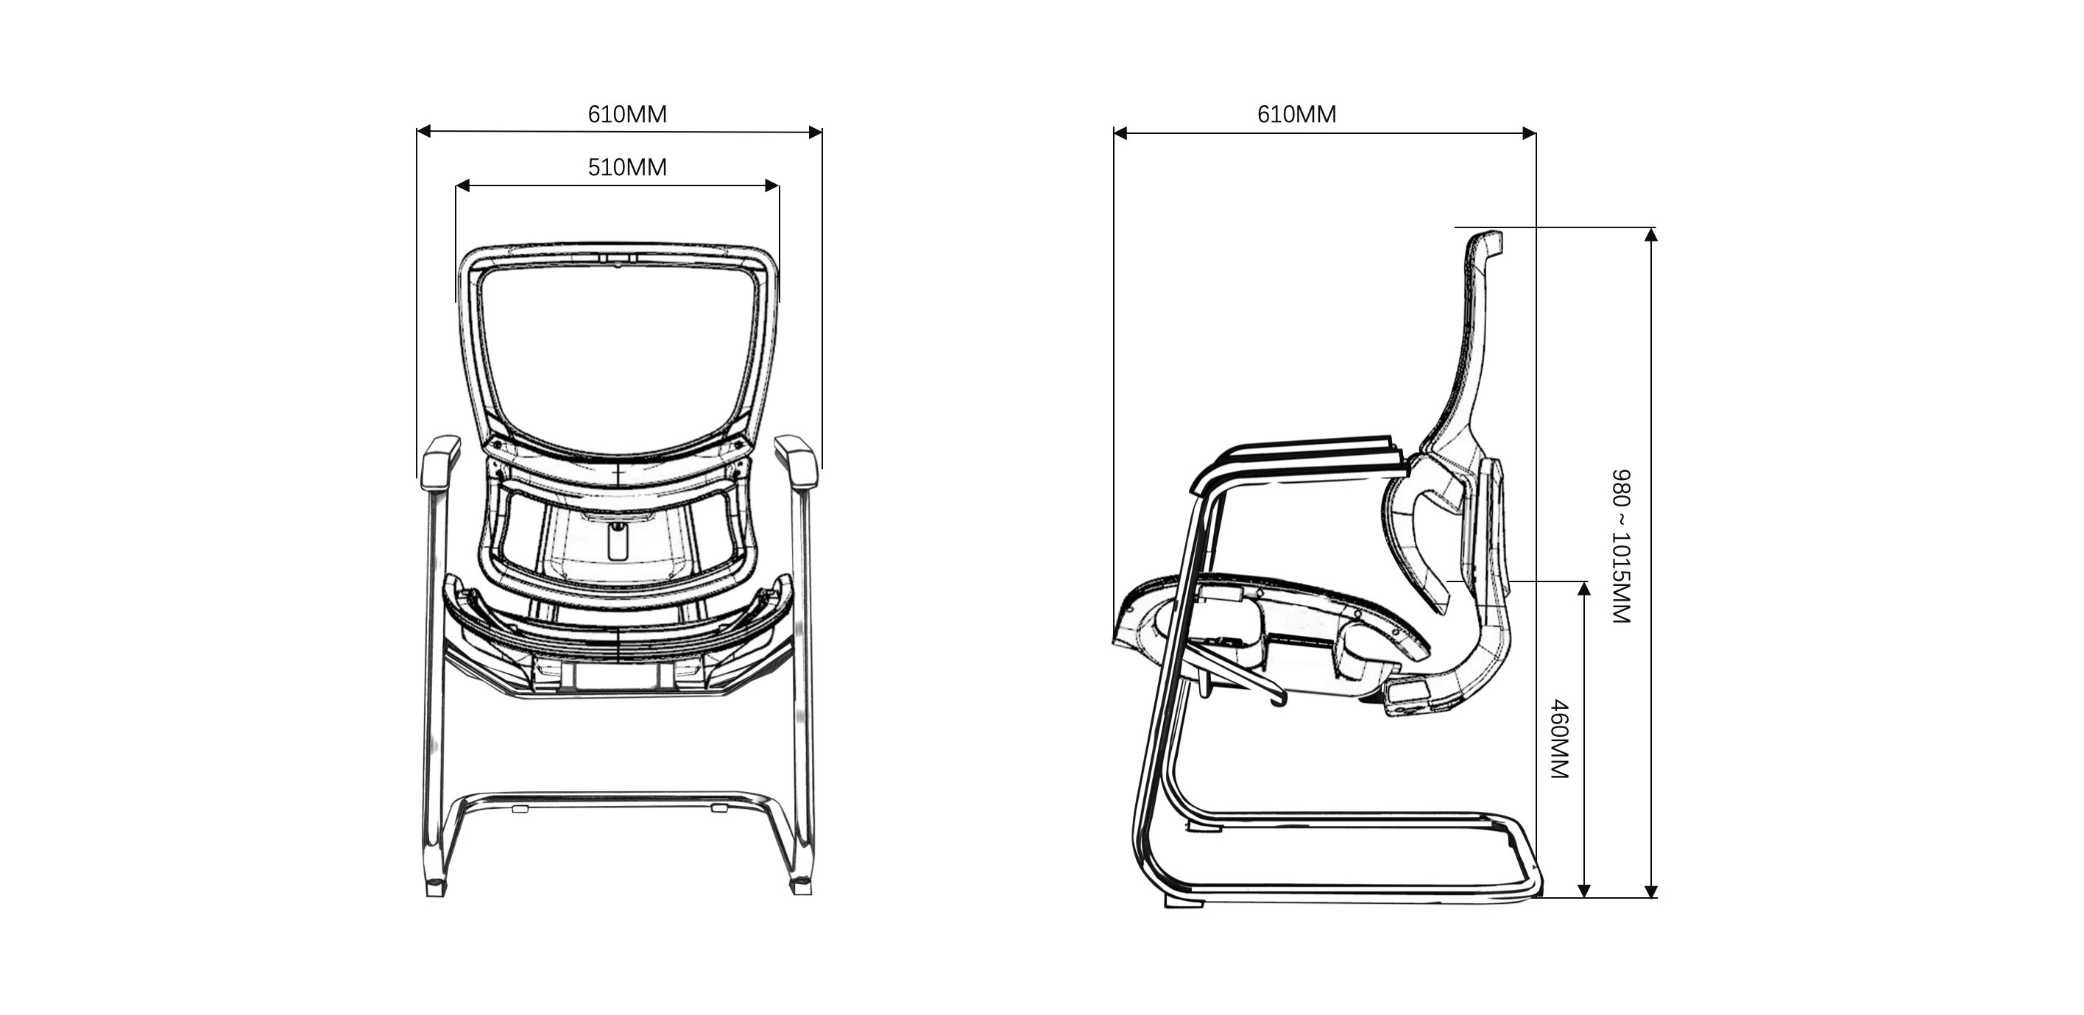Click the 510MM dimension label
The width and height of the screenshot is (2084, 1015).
point(627,167)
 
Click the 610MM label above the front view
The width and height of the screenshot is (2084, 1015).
point(627,114)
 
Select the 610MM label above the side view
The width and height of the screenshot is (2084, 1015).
point(1296,114)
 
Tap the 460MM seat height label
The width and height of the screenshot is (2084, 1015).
point(1559,739)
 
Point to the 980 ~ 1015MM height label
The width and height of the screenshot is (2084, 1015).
point(1621,546)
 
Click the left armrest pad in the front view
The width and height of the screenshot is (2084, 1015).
point(440,461)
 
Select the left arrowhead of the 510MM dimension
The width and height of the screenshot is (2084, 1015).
point(463,186)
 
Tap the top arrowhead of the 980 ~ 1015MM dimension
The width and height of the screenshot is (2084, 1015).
point(1651,235)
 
